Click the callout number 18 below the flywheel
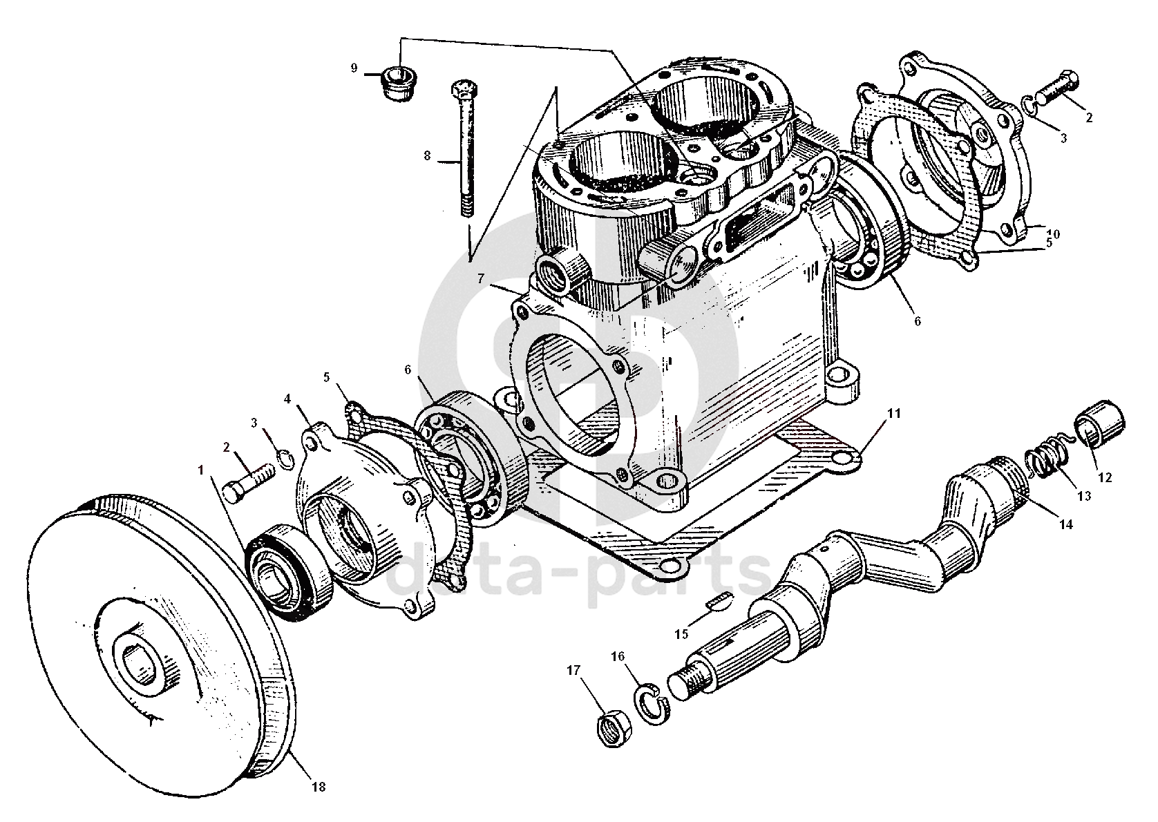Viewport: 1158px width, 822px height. [319, 787]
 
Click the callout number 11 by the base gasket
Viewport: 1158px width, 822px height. [894, 414]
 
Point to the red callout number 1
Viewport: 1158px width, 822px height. [201, 470]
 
